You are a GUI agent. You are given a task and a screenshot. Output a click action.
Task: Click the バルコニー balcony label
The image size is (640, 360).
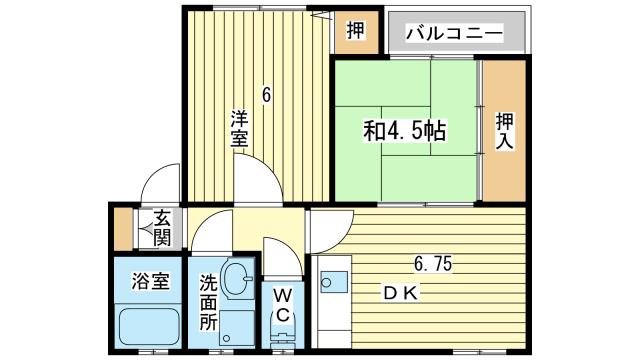click(x=454, y=33)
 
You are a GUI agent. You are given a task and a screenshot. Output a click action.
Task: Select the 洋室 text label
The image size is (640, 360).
click(x=238, y=128)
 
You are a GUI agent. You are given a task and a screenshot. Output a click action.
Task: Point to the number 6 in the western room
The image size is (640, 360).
click(x=266, y=96)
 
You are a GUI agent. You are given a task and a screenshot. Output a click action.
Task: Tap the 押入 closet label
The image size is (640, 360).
click(x=504, y=131)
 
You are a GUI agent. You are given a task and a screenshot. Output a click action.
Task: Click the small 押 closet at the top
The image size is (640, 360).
click(x=356, y=31)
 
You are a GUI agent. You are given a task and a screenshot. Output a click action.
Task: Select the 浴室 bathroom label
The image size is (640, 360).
click(x=145, y=282)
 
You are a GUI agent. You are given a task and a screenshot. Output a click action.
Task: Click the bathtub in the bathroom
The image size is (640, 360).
click(x=146, y=325)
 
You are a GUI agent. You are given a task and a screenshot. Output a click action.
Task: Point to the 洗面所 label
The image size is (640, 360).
click(x=207, y=302)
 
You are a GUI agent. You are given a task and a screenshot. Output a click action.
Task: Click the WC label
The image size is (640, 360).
click(x=283, y=304)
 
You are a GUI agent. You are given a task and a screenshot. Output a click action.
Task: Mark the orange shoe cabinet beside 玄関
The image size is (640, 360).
click(x=123, y=229)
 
